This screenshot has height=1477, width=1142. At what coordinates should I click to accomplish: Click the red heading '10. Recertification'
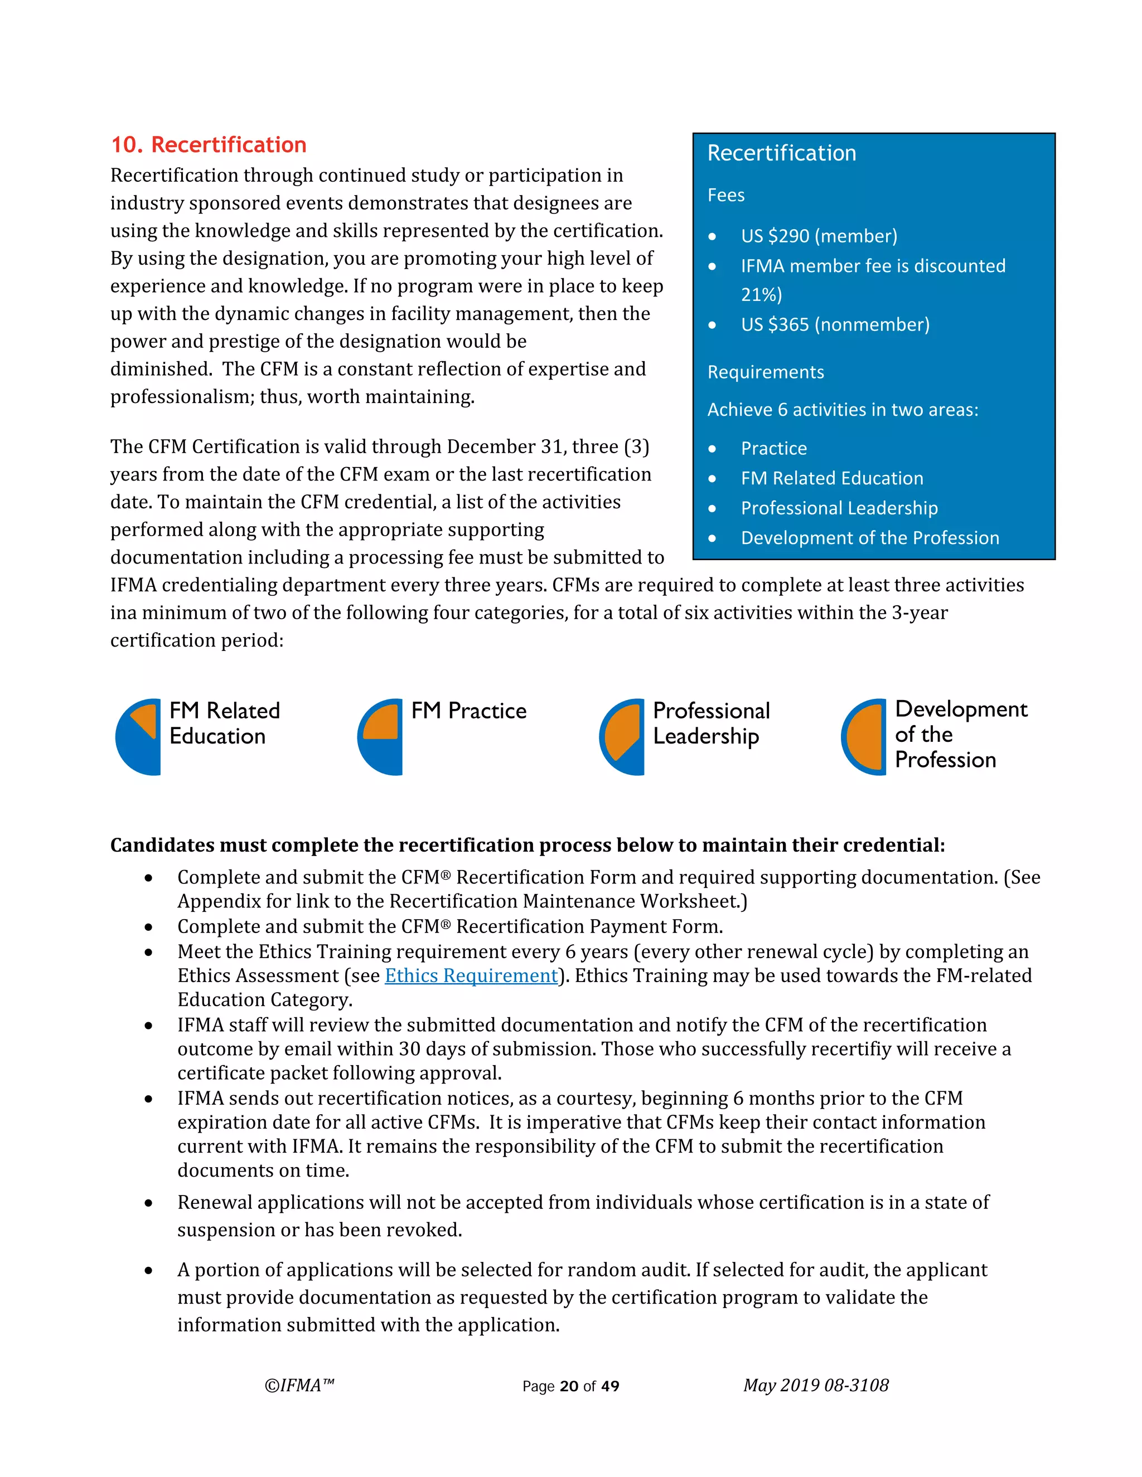pyautogui.click(x=209, y=145)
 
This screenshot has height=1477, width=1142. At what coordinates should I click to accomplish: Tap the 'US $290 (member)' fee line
pyautogui.click(x=819, y=236)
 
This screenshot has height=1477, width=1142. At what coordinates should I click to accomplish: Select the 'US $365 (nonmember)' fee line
pyautogui.click(x=835, y=324)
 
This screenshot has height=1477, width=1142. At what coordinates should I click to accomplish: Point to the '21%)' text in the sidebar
pyautogui.click(x=761, y=295)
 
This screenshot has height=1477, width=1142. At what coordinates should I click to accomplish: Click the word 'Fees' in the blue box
pyautogui.click(x=726, y=196)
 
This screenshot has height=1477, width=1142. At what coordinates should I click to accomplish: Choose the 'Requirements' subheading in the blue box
pyautogui.click(x=765, y=372)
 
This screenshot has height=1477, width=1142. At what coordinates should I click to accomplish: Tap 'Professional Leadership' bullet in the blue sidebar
pyautogui.click(x=839, y=508)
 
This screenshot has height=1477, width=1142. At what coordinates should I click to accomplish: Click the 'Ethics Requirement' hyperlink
pyautogui.click(x=471, y=976)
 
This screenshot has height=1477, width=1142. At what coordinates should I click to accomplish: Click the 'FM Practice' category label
pyautogui.click(x=468, y=711)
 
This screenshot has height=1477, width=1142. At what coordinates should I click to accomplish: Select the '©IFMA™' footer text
pyautogui.click(x=299, y=1386)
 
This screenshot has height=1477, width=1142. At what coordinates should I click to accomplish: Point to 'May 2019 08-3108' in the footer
pyautogui.click(x=815, y=1386)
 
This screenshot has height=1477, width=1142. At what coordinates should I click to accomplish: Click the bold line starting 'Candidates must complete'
pyautogui.click(x=527, y=846)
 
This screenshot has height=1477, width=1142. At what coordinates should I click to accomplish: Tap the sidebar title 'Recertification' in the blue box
pyautogui.click(x=781, y=153)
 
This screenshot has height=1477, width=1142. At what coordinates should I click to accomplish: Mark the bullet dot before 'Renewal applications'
pyautogui.click(x=148, y=1203)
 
